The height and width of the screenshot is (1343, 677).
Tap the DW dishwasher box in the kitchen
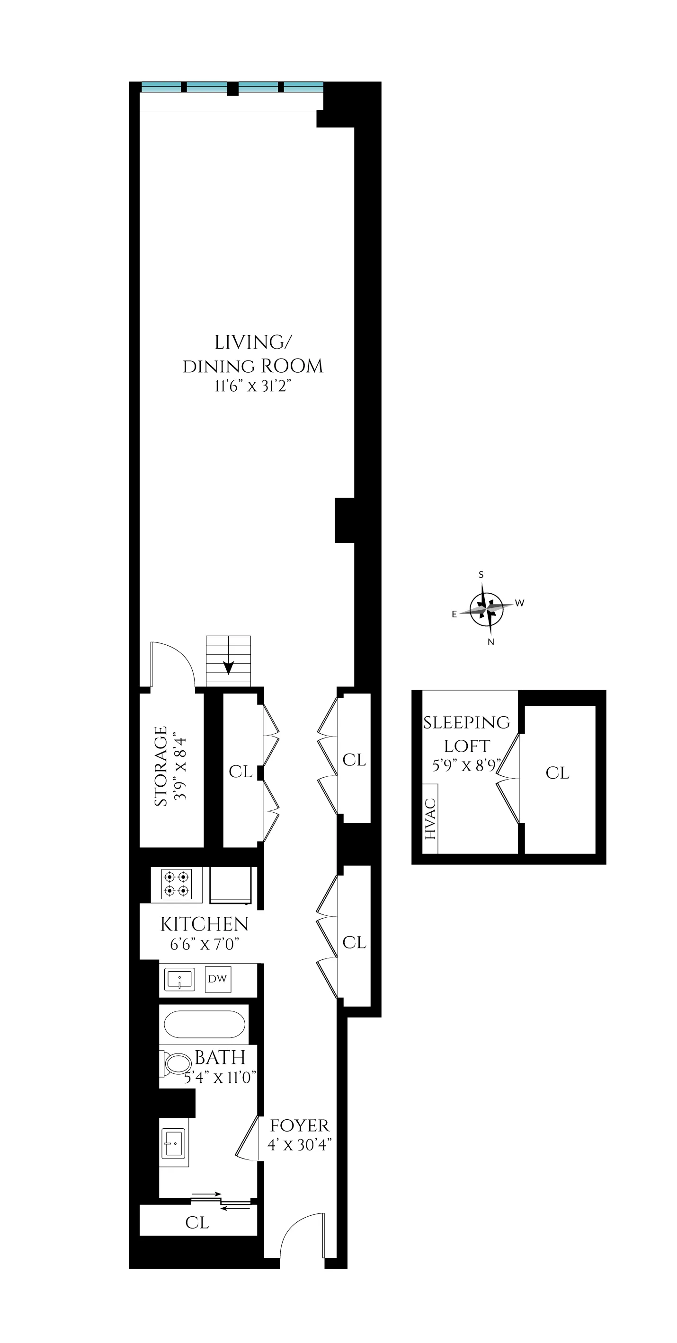[217, 979]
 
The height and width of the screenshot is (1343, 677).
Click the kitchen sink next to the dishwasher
[179, 979]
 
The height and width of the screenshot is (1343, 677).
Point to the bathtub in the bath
[204, 1025]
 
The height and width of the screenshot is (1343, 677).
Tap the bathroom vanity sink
[174, 1143]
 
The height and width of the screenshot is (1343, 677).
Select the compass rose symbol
[486, 608]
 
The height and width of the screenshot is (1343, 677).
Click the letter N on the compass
[490, 642]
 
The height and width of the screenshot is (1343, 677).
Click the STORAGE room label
[161, 766]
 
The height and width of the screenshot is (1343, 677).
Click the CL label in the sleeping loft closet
[557, 772]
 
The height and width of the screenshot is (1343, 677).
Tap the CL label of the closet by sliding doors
[197, 1222]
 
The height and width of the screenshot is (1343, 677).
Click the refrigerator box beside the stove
[230, 884]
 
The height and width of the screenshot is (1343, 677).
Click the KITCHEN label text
[204, 924]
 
